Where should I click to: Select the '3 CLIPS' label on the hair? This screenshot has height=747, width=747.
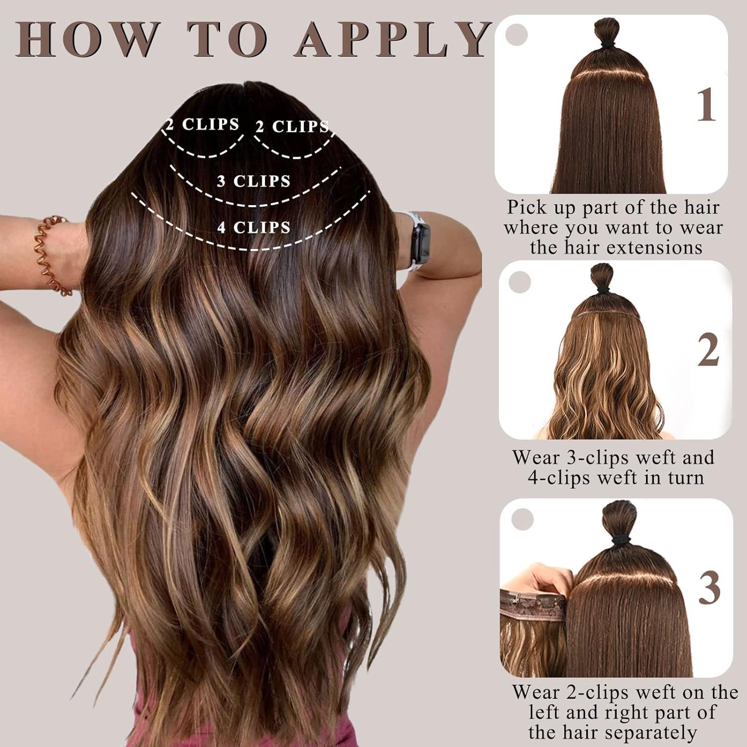point(253,181)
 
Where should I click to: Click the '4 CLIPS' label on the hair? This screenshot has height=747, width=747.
point(253,228)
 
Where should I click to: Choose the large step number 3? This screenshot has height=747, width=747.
point(709,587)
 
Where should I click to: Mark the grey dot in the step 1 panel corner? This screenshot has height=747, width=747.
point(516,34)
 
